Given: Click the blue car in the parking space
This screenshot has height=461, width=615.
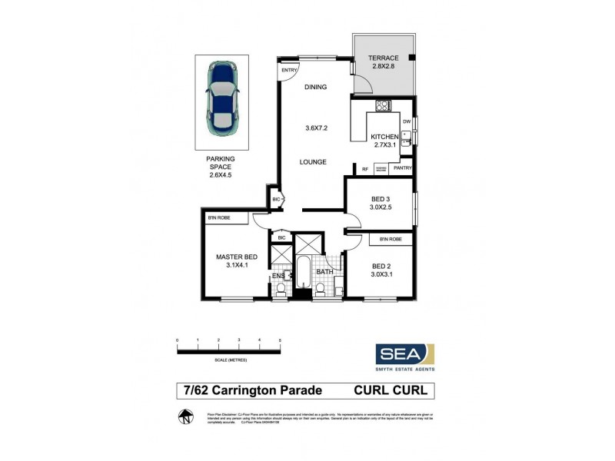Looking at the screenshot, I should pyautogui.click(x=221, y=98).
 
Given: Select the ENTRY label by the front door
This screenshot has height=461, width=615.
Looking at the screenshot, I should pyautogui.click(x=289, y=71).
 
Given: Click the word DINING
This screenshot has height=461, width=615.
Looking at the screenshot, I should pyautogui.click(x=315, y=88).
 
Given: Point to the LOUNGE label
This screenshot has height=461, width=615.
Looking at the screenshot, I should pyautogui.click(x=315, y=162).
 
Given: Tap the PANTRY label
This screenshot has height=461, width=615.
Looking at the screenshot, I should pyautogui.click(x=402, y=168).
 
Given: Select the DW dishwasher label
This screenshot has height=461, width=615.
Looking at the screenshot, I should pyautogui.click(x=407, y=121).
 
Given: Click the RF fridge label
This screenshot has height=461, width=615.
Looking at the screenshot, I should pyautogui.click(x=365, y=169).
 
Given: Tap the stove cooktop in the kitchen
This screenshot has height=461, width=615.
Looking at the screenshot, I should pyautogui.click(x=382, y=106).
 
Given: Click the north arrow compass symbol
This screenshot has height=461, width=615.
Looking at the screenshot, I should pyautogui.click(x=184, y=417).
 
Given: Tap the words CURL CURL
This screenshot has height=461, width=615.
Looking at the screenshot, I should pyautogui.click(x=393, y=390).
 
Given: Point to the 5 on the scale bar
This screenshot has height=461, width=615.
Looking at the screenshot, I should pyautogui.click(x=281, y=340).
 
